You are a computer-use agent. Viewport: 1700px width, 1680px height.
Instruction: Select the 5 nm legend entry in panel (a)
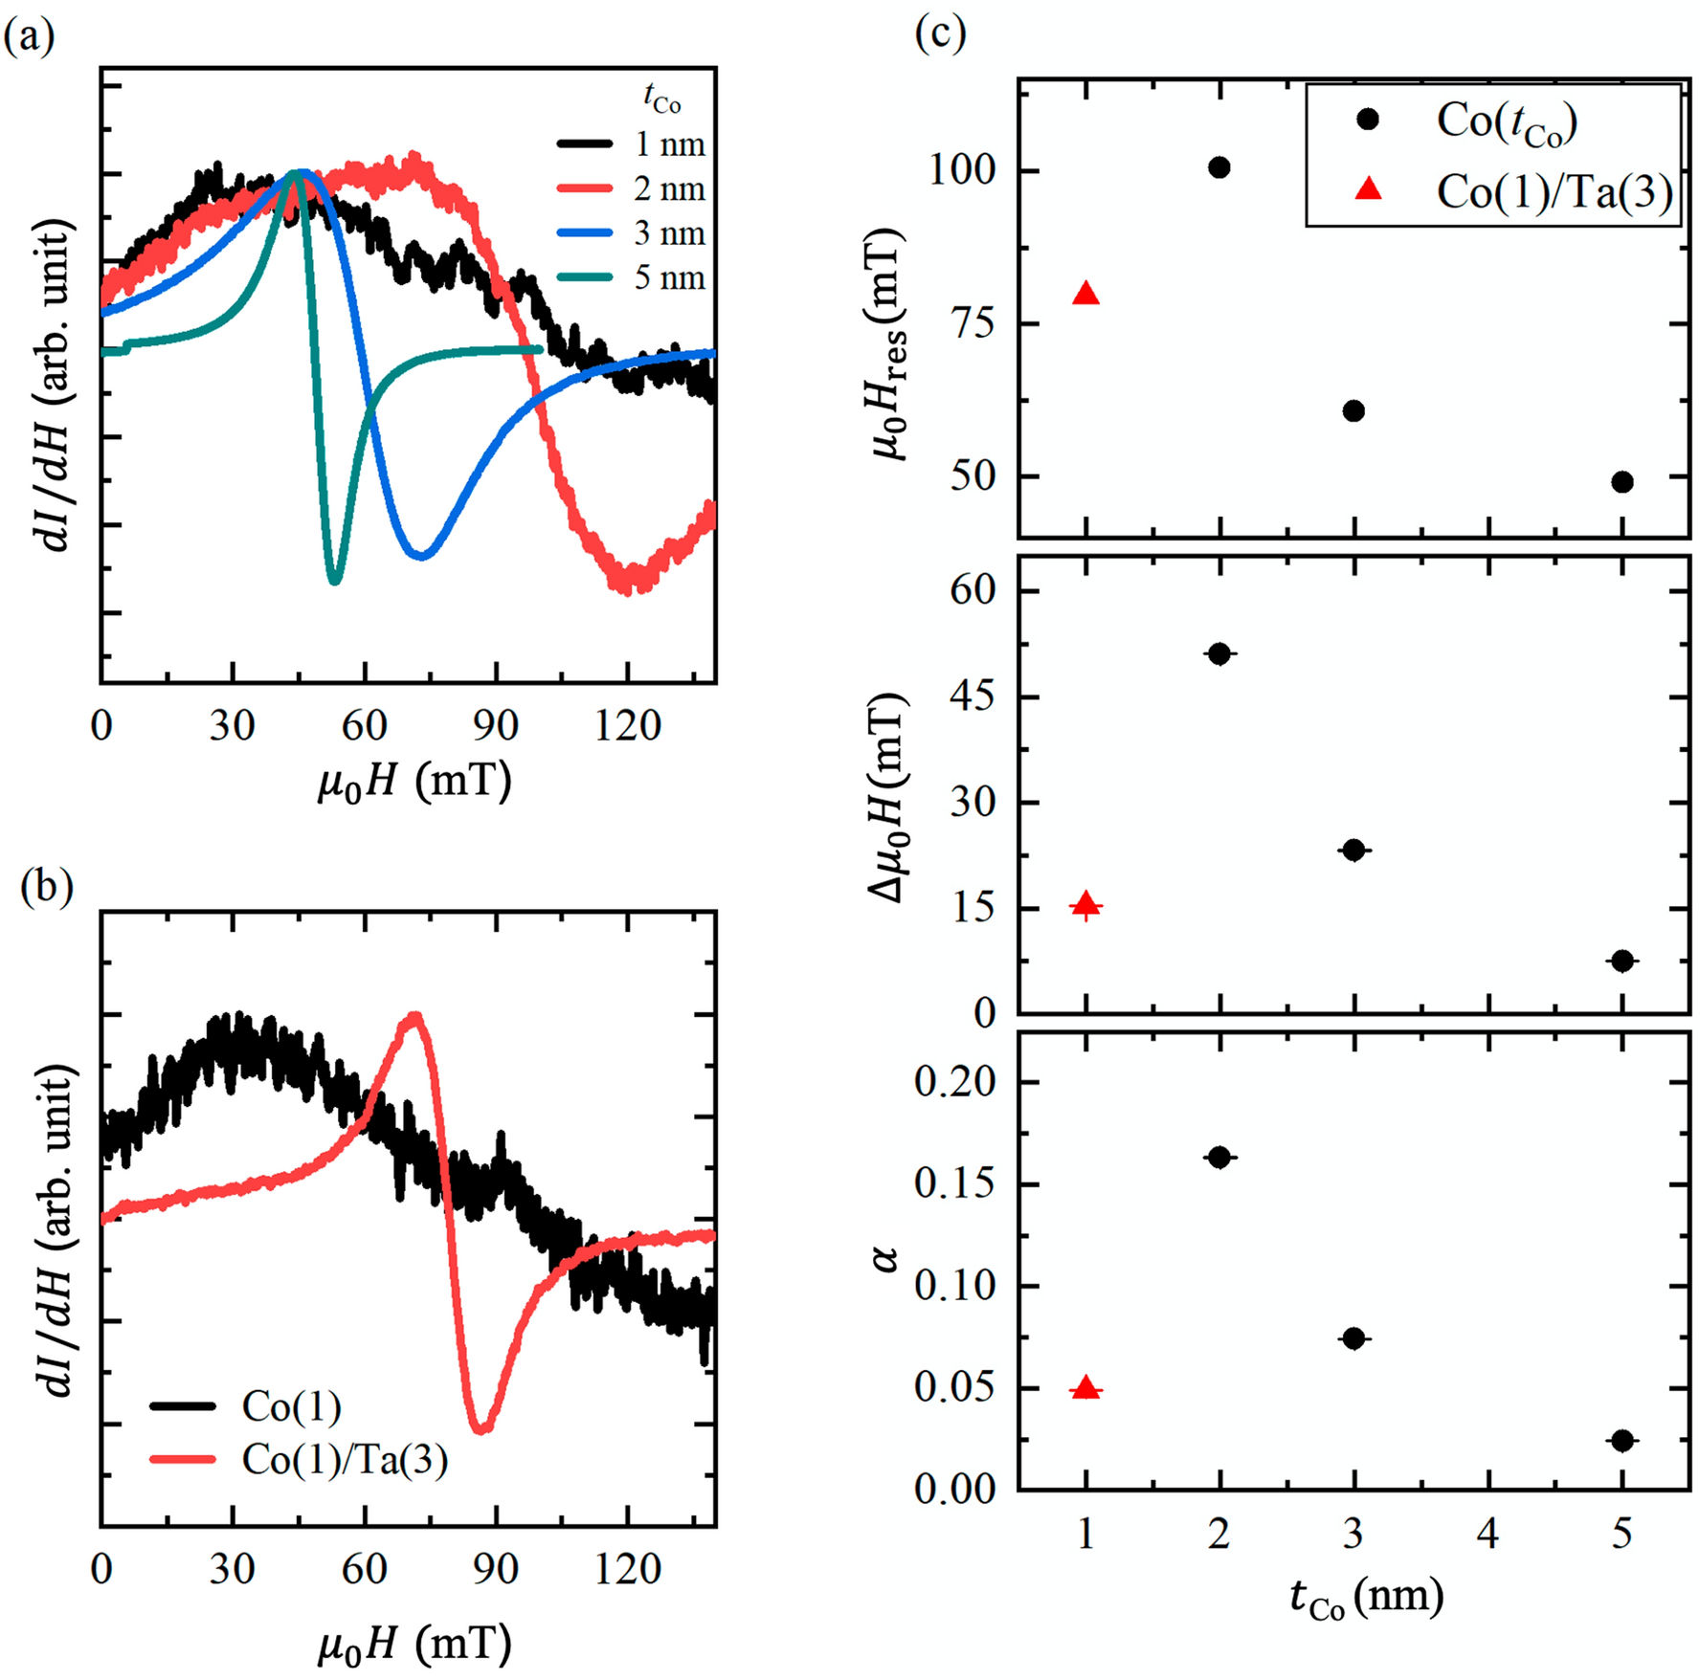pyautogui.click(x=632, y=278)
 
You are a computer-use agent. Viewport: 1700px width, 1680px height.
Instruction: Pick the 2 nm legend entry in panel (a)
pyautogui.click(x=632, y=188)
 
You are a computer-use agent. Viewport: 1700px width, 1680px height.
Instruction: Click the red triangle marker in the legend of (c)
pyautogui.click(x=1369, y=190)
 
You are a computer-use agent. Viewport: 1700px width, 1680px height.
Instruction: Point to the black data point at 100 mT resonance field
pyautogui.click(x=1219, y=167)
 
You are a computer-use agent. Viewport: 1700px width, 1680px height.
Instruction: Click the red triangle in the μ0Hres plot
pyautogui.click(x=1085, y=294)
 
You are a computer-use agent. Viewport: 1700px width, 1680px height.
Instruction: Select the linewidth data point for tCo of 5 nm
pyautogui.click(x=1622, y=961)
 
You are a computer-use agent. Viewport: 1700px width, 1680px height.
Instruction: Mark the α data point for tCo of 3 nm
pyautogui.click(x=1353, y=1338)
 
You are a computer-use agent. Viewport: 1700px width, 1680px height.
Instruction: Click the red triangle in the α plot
pyautogui.click(x=1085, y=1387)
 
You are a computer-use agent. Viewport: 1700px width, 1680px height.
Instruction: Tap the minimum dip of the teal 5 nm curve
pyautogui.click(x=334, y=580)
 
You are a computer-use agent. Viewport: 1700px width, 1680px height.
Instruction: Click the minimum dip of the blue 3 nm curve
pyautogui.click(x=421, y=555)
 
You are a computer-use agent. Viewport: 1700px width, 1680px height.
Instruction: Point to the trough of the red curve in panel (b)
pyautogui.click(x=482, y=1430)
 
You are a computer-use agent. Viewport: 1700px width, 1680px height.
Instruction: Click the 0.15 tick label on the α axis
pyautogui.click(x=954, y=1183)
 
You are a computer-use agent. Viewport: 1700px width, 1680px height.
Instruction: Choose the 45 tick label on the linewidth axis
pyautogui.click(x=973, y=696)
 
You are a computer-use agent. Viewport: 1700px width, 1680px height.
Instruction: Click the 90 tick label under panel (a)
pyautogui.click(x=495, y=727)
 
